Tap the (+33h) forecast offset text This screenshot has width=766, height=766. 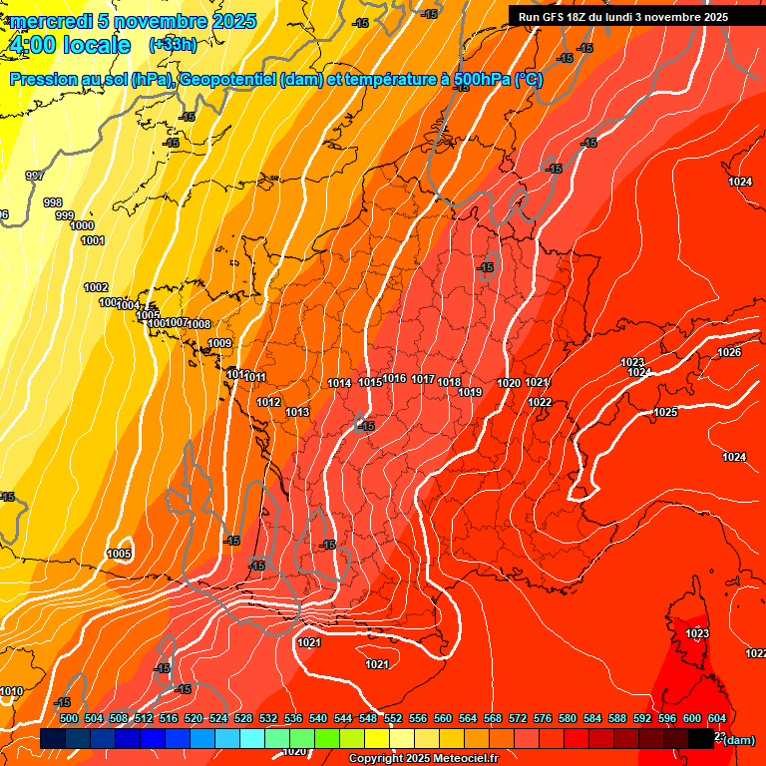[173, 44]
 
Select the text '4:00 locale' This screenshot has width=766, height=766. [69, 45]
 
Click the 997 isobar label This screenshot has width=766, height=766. [35, 176]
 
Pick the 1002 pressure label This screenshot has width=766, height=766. [96, 287]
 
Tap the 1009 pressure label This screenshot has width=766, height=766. [219, 344]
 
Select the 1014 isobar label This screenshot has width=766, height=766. [339, 383]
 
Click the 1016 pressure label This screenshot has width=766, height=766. [395, 379]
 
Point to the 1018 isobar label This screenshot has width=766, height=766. [449, 382]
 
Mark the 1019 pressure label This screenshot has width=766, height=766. [471, 392]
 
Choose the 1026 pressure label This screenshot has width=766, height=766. [729, 352]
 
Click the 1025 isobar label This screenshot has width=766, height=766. [665, 412]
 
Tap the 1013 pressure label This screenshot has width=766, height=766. [297, 412]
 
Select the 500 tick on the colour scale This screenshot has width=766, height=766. [69, 718]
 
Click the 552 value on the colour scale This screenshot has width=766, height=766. [393, 718]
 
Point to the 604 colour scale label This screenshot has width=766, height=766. [716, 718]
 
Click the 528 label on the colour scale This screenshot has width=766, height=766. [243, 718]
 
